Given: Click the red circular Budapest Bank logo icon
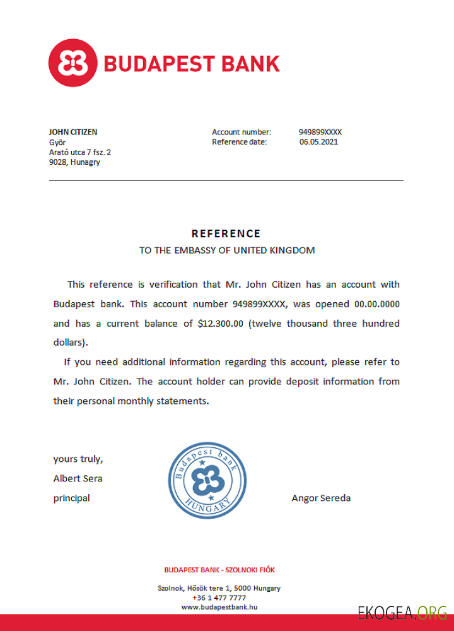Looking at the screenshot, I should point(73,63).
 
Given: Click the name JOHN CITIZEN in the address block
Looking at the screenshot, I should point(73,132).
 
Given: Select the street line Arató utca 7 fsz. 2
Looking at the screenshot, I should point(80,152).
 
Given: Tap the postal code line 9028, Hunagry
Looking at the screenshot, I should point(74,162).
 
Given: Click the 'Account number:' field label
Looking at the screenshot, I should point(242,132).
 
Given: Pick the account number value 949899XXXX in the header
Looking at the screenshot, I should point(320,132).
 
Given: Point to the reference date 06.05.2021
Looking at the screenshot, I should point(319,142).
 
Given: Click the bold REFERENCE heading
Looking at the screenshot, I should point(226,233).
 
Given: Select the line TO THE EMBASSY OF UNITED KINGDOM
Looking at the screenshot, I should point(227,251).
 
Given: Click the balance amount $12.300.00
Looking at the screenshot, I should point(221,324).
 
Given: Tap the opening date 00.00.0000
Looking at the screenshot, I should point(377,304).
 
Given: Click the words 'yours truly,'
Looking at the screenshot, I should point(78,459).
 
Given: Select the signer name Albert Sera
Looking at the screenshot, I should point(78,478).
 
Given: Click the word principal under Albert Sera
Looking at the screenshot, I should point(72,498).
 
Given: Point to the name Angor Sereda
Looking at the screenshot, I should point(321,498).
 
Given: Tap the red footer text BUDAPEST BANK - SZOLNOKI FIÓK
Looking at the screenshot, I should point(219,570).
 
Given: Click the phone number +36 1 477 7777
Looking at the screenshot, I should point(219,598).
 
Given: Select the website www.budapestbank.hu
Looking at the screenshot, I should point(219,607).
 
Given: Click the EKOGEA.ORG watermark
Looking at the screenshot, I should point(403,612).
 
